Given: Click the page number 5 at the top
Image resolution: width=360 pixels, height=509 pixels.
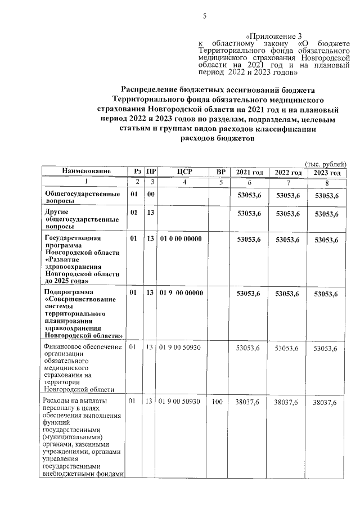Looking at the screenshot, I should pos(204,16).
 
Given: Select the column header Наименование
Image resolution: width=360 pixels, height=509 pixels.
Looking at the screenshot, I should pos(86,172).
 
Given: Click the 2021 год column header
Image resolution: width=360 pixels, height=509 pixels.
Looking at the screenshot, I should pos(249,172).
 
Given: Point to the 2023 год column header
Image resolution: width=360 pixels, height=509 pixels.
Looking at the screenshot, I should pos(326,172).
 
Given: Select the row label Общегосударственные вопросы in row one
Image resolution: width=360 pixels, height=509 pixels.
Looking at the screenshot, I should pos(82,197).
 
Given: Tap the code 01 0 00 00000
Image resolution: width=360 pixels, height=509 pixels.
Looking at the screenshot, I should pos(181,239).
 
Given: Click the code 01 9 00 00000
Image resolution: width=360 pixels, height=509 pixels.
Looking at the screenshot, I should pos(181,294).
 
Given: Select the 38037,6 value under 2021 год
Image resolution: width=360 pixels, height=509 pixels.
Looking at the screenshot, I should pos(249,403).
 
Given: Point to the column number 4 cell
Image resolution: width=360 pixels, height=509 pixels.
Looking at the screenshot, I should pos(184,182).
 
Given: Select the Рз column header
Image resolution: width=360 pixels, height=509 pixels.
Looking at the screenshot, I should pos(137,172).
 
